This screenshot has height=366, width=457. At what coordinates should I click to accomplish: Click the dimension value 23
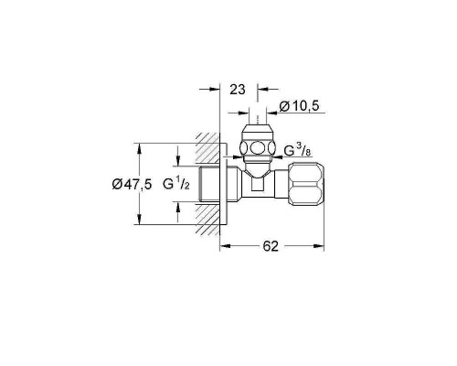pyautogui.click(x=238, y=90)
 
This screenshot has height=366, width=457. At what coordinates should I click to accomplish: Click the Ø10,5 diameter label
pyautogui.click(x=299, y=106)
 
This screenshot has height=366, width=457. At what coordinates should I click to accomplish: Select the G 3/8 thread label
pyautogui.click(x=297, y=151)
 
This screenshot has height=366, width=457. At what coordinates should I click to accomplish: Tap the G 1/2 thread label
pyautogui.click(x=176, y=184)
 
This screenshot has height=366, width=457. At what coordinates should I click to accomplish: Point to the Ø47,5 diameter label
pyautogui.click(x=132, y=184)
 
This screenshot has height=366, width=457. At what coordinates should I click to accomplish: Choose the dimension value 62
pyautogui.click(x=271, y=246)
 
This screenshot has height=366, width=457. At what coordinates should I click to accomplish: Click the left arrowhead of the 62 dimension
pyautogui.click(x=225, y=246)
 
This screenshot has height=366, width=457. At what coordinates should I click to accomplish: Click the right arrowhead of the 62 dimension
pyautogui.click(x=319, y=246)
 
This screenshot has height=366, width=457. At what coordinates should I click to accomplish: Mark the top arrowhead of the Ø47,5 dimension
pyautogui.click(x=139, y=148)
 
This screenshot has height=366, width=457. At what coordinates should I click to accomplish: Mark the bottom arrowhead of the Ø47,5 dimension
pyautogui.click(x=139, y=220)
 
